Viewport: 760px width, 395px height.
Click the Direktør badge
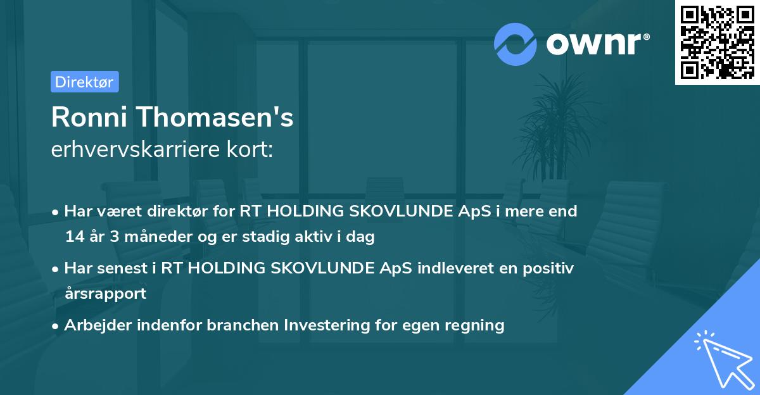tap(84, 82)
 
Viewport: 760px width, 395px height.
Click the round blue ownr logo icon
tap(516, 44)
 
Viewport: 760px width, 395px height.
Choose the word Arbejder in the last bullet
tap(96, 325)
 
